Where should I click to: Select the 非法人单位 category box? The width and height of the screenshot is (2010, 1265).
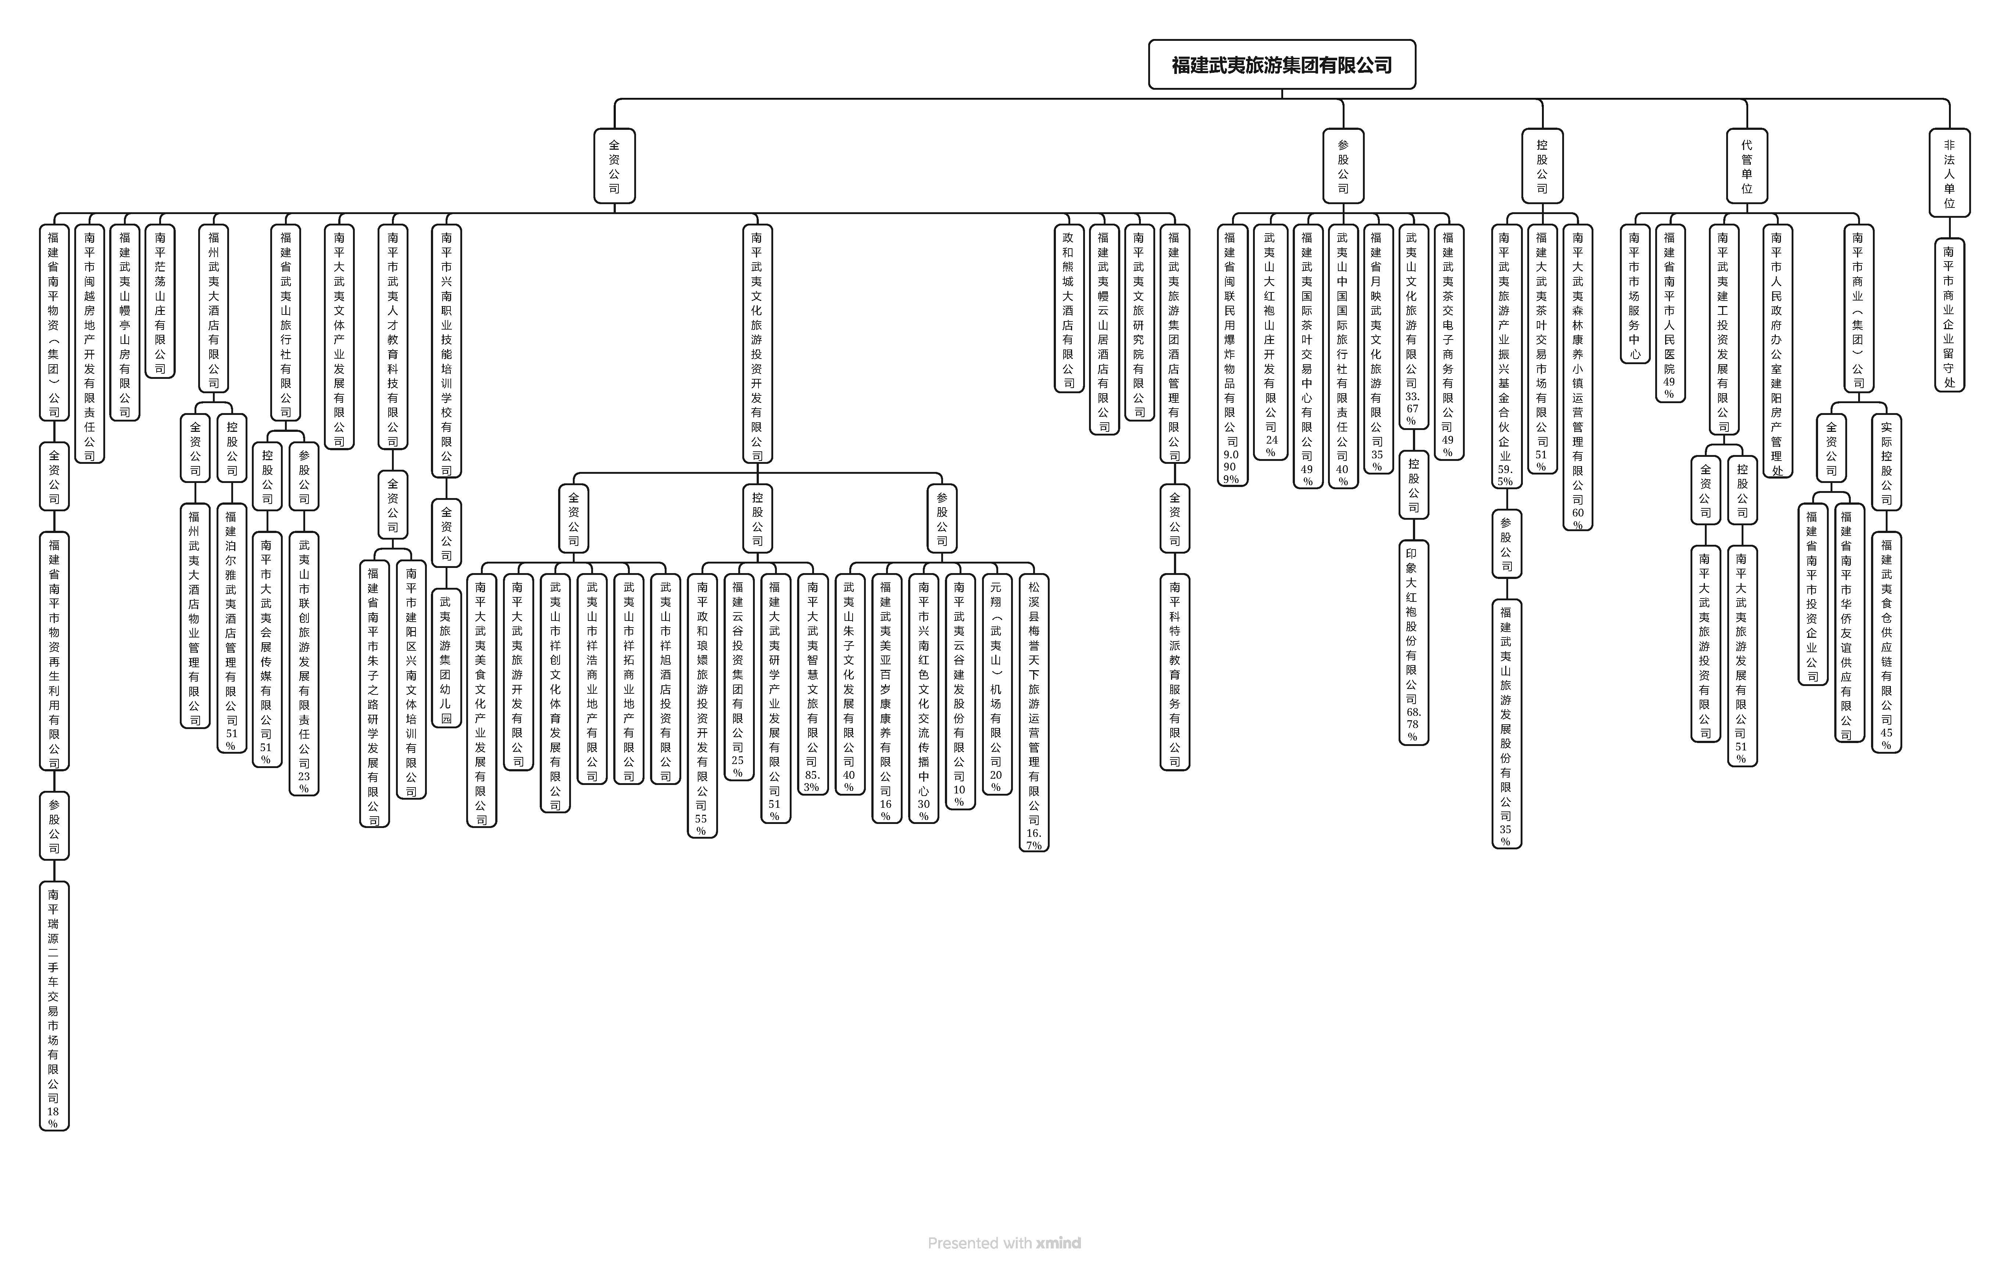coord(1949,173)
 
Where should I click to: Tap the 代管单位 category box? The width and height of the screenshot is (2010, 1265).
coord(1746,166)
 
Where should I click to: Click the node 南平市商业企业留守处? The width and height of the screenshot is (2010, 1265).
coord(1949,315)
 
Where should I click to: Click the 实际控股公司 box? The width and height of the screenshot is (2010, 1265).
coord(1886,462)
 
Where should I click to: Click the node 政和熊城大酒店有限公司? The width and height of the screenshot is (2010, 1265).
coord(1068,307)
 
